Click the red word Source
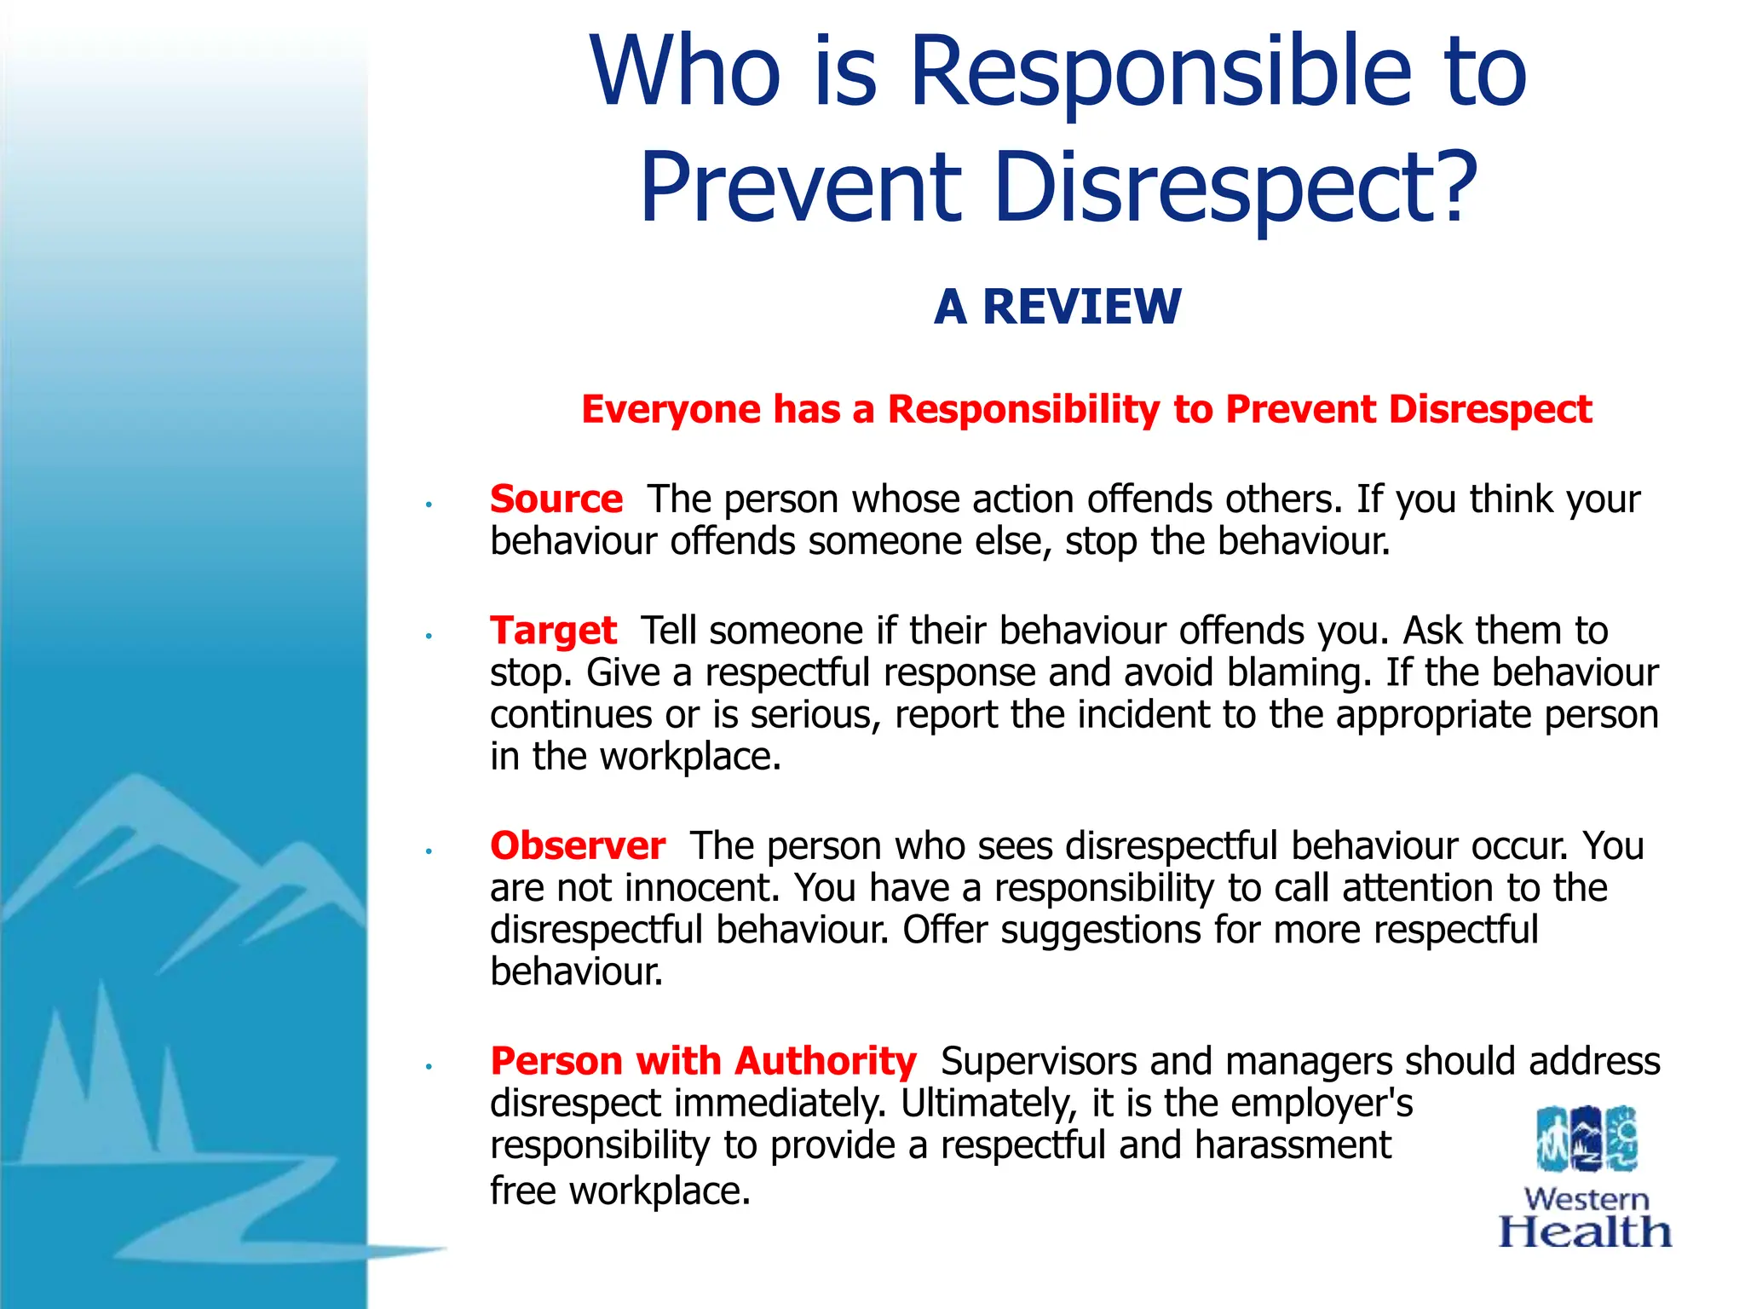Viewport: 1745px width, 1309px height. point(556,499)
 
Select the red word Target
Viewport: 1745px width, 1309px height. point(553,631)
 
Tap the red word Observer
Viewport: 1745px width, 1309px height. point(577,846)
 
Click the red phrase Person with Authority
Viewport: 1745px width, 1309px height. point(703,1062)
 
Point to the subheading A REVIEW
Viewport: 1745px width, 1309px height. point(1057,307)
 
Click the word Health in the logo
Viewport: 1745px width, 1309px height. point(1585,1232)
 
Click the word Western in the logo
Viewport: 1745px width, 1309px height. point(1587,1199)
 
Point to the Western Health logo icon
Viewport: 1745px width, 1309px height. point(1587,1139)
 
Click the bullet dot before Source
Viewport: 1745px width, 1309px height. point(430,505)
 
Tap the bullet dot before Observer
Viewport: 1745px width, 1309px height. point(430,851)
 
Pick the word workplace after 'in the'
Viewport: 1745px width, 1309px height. point(689,758)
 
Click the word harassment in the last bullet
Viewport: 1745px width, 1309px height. point(1293,1145)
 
